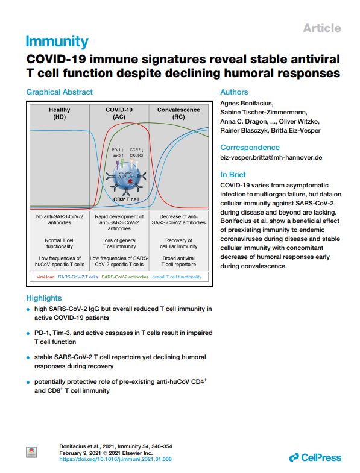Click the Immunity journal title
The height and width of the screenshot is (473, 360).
57,42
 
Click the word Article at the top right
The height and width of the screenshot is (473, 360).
322,28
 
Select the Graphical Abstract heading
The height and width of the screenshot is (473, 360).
60,92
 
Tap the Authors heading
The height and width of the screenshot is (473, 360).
234,92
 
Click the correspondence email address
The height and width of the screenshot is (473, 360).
271,157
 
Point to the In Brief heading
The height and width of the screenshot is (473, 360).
233,174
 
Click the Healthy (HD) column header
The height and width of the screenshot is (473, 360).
60,113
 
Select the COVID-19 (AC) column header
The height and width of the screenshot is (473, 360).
119,113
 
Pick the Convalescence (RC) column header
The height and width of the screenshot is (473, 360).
178,113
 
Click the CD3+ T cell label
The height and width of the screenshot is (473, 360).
126,199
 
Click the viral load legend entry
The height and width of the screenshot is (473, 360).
46,277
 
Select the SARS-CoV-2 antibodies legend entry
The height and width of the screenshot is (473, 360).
125,277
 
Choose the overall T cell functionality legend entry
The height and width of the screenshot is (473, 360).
177,277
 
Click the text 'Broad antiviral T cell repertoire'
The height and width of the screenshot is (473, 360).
178,262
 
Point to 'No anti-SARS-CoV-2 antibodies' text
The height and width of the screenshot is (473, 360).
60,219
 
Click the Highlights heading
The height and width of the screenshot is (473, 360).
44,298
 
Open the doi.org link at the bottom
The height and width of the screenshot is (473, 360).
115,459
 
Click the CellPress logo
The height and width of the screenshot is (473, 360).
315,457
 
